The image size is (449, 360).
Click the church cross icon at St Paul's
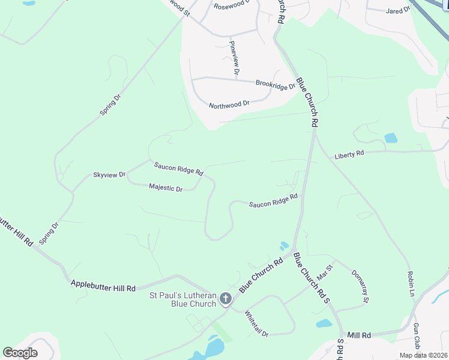pos(226,298)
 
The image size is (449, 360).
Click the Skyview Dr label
pos(109,175)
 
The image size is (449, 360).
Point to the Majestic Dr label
pos(166,188)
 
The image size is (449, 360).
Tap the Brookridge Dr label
pos(276,85)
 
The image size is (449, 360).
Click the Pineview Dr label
pos(234,58)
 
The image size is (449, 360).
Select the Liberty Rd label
pos(349,154)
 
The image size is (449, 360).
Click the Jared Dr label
pos(398,10)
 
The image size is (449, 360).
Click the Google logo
pos(20,352)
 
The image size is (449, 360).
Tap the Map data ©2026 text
pos(423,355)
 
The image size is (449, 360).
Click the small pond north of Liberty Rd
pos(391,138)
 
